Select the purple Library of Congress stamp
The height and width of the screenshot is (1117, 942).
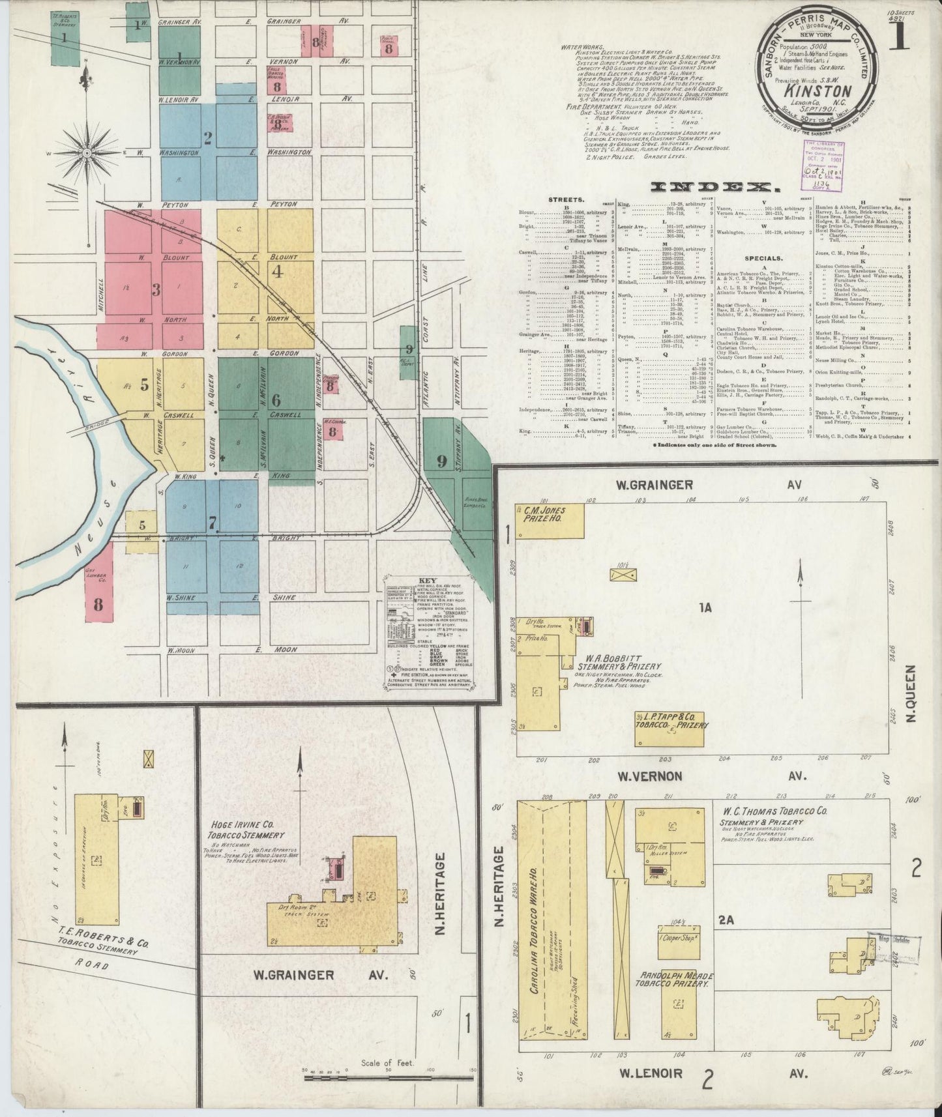pos(823,166)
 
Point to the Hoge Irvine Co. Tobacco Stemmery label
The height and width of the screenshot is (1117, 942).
pos(246,830)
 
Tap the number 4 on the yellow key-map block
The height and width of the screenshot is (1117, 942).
pos(278,272)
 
